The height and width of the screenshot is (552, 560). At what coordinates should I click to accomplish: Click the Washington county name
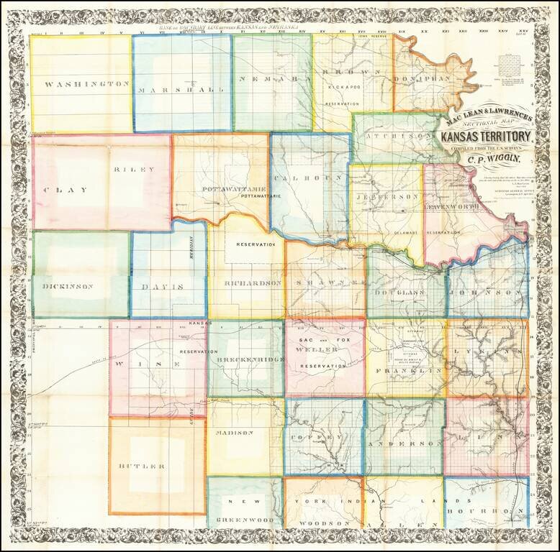pyautogui.click(x=86, y=84)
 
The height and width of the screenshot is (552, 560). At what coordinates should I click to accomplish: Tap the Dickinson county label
pyautogui.click(x=68, y=286)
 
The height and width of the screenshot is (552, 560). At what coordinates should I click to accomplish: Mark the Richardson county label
pyautogui.click(x=252, y=284)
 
